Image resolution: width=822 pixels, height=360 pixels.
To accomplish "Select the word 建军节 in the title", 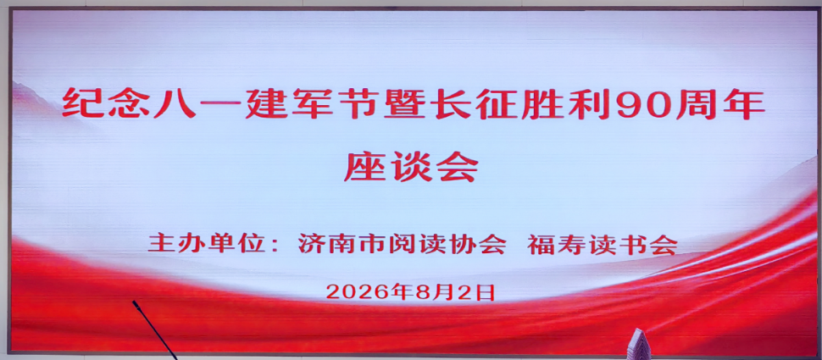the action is (x=314, y=103).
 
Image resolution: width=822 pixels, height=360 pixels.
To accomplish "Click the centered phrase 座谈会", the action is (x=411, y=167).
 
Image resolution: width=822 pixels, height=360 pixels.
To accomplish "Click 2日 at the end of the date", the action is (x=477, y=292).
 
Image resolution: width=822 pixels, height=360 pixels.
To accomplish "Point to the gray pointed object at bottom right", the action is (x=637, y=344).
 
